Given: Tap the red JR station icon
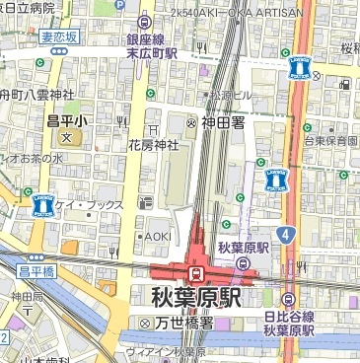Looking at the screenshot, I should point(196,271).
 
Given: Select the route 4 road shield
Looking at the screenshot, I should point(285,234).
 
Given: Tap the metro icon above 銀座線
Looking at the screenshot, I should point(145,21).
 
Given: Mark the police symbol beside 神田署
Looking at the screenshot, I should point(191,122).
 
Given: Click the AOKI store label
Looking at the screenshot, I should point(157,237).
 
